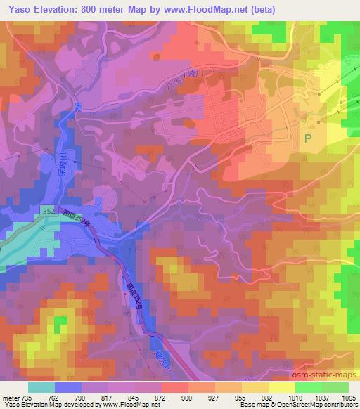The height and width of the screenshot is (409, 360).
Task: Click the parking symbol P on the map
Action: pyautogui.click(x=308, y=138)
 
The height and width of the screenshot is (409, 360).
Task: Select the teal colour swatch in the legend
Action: pyautogui.click(x=41, y=387)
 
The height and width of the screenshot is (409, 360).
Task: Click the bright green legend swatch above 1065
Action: pyautogui.click(x=335, y=387)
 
